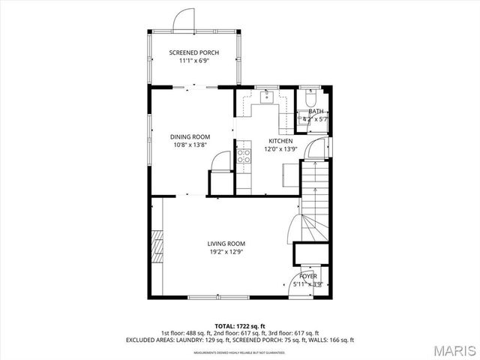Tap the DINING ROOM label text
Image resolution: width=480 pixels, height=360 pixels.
coord(190,136)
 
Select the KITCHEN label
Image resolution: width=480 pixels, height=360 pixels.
coord(281,140)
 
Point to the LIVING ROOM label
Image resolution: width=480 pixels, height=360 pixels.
coord(226,244)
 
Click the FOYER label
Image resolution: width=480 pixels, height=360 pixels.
coord(309,276)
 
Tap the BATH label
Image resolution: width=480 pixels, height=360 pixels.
coord(316,111)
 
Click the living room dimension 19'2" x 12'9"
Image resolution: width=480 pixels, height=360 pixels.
coord(226,252)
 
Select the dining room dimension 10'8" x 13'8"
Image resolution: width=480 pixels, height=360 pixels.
coord(190,145)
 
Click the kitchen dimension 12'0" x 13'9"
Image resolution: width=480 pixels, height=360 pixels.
coord(281,148)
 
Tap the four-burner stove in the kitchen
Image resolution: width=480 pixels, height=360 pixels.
coord(244,156)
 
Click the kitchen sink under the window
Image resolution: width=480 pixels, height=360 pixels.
coord(266,97)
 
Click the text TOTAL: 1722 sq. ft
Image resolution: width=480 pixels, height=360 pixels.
coord(239,326)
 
